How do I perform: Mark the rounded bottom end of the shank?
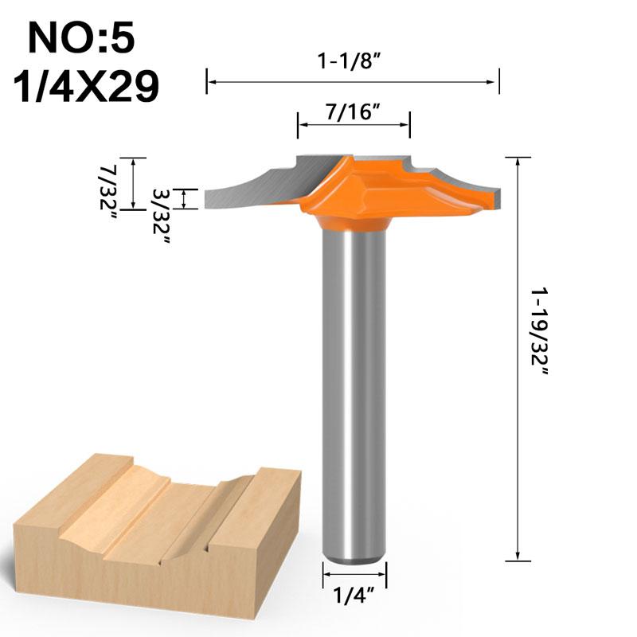click(354, 557)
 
